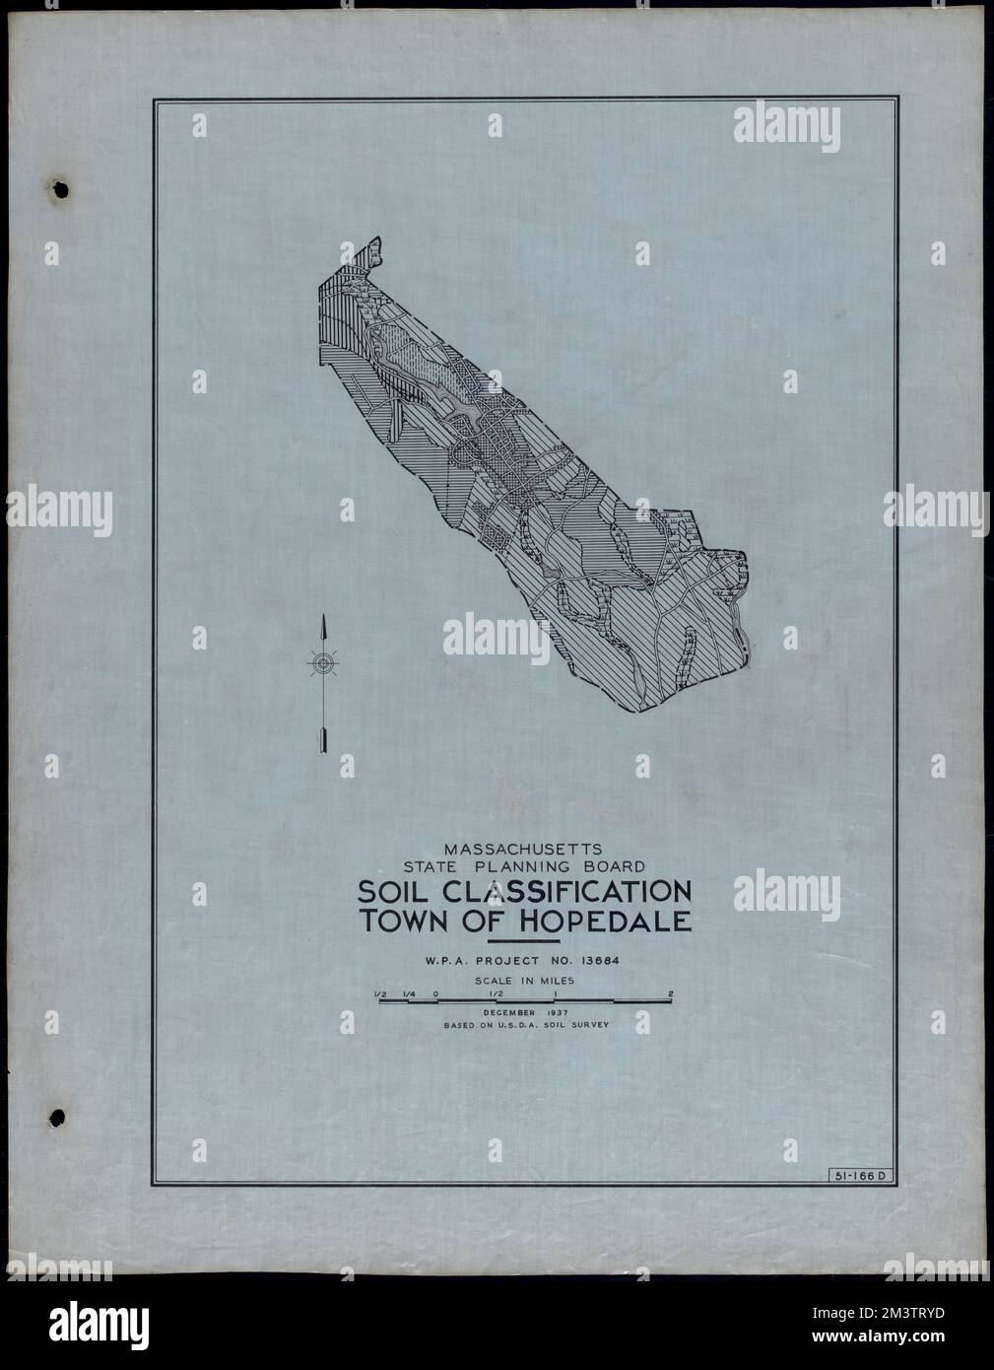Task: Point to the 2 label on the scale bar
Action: [670, 993]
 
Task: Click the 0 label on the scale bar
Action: [435, 993]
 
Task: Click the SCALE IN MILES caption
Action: [524, 981]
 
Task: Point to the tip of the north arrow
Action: [322, 617]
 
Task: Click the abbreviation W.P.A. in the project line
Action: [447, 960]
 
